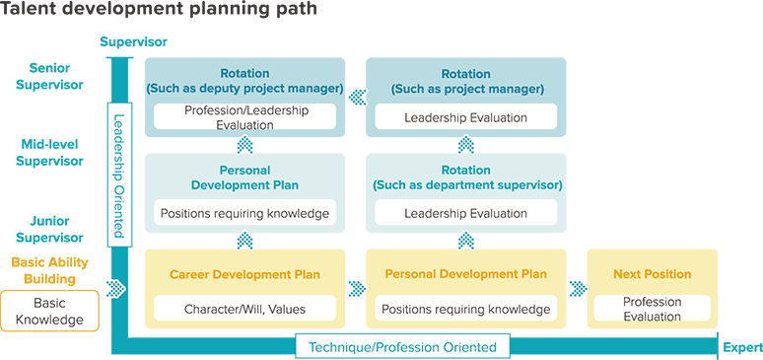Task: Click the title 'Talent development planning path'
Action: pos(159,10)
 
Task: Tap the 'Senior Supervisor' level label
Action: pos(49,77)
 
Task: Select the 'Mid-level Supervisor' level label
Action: pos(49,153)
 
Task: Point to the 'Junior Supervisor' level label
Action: pos(49,230)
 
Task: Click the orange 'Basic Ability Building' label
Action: pos(49,271)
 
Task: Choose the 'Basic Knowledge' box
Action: pos(49,312)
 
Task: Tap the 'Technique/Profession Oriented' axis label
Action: pos(403,347)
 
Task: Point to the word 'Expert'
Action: pos(742,348)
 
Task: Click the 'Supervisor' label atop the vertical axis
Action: pos(134,41)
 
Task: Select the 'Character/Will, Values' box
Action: pos(245,309)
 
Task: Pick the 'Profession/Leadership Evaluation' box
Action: pos(245,117)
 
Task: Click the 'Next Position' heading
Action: pos(652,274)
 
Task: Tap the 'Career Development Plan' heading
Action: pos(245,275)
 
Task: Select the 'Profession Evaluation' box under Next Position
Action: pos(652,309)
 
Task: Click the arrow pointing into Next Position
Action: pos(578,288)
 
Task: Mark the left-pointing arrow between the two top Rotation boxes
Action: pos(357,97)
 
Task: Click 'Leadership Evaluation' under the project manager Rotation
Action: pos(466,117)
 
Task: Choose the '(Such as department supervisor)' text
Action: pos(467,185)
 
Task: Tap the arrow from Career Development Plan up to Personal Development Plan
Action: pos(245,241)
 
